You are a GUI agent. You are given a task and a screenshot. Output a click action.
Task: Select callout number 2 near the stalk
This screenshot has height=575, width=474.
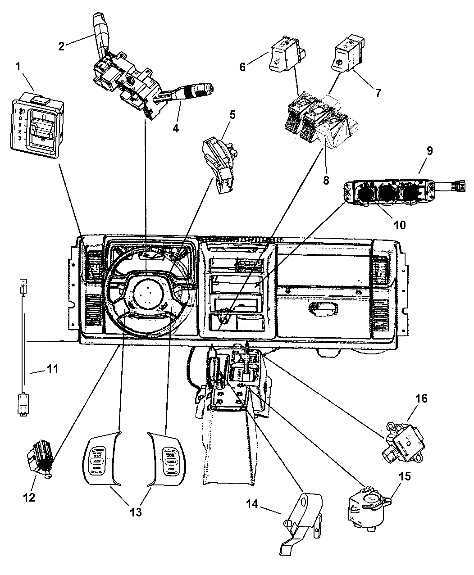click(x=62, y=45)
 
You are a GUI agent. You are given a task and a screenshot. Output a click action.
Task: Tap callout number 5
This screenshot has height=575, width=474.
click(x=232, y=115)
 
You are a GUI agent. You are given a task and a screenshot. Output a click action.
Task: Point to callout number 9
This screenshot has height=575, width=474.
click(x=430, y=151)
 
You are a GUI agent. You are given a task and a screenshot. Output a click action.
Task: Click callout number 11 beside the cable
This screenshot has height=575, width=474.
click(x=53, y=371)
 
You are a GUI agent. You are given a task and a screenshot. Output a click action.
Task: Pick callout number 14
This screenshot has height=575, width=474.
click(x=252, y=504)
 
